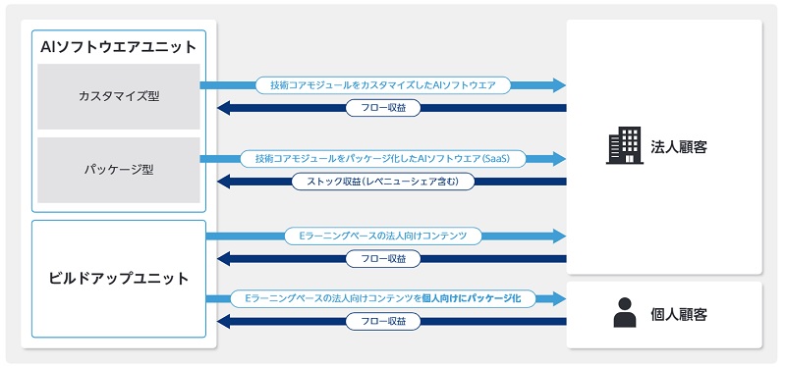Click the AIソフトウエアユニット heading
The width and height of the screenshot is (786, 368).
(118, 46)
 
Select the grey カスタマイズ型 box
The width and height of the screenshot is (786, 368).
(118, 96)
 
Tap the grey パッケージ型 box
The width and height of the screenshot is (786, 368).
(118, 169)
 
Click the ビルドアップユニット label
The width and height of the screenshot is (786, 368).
(118, 279)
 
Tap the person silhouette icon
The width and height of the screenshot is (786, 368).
(624, 312)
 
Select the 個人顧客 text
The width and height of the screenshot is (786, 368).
(679, 315)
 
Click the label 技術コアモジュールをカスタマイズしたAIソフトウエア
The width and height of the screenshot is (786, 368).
(383, 85)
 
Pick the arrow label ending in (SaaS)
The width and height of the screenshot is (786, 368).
(383, 158)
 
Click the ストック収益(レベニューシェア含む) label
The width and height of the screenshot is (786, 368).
(383, 182)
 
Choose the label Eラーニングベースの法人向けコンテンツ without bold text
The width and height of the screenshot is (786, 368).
(383, 236)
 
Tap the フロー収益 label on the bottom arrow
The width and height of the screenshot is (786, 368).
(383, 321)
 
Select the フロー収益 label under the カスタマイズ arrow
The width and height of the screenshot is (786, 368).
(383, 108)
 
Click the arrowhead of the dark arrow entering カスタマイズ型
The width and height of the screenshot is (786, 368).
(224, 108)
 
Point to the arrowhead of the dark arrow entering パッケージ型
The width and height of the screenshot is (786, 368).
(224, 182)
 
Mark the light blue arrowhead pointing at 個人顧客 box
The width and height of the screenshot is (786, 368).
(559, 297)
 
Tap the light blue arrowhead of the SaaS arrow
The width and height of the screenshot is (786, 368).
(559, 158)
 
